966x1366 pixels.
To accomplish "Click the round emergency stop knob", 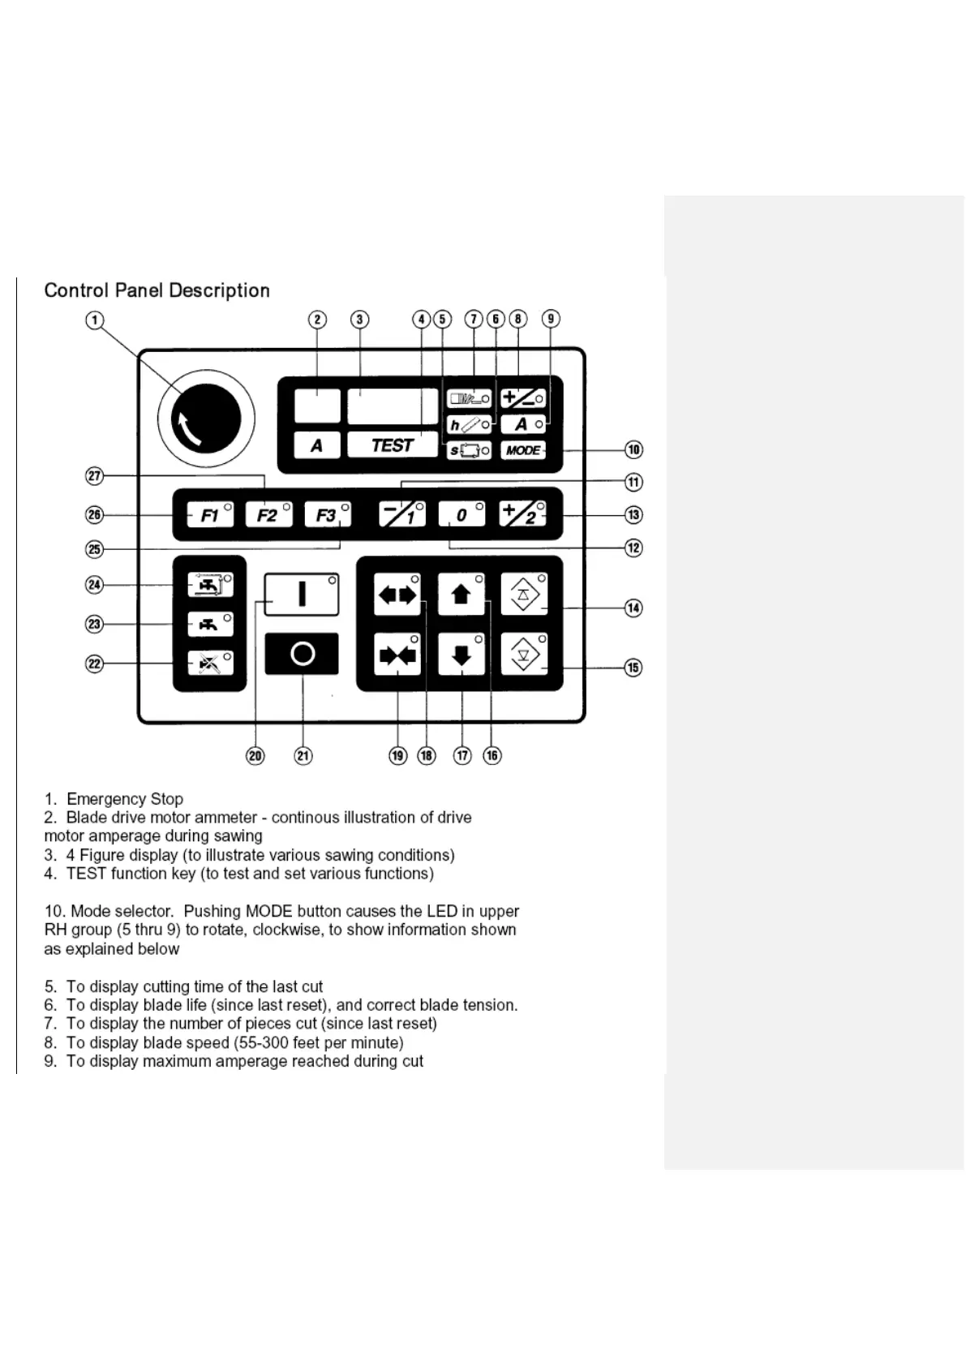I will [x=206, y=419].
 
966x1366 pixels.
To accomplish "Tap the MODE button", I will [x=523, y=450].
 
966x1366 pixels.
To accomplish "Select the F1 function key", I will [x=210, y=515].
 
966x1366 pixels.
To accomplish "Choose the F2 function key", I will [x=268, y=515].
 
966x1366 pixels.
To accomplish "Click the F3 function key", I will [x=327, y=515].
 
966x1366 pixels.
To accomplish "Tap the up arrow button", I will [x=461, y=595].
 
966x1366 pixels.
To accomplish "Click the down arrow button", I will [x=461, y=655].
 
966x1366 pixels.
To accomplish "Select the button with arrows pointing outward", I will [x=397, y=595].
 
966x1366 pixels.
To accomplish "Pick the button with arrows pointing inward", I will [x=397, y=655].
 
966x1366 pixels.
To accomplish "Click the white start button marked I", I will [x=301, y=595].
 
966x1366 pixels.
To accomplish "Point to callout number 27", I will [x=95, y=476].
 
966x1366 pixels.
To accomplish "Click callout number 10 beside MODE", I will [x=633, y=450].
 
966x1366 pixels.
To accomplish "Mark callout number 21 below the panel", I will [x=303, y=756].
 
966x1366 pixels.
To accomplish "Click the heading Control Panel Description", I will [x=157, y=290].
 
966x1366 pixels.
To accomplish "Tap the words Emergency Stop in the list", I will [x=125, y=799].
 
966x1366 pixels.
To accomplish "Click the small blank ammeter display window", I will [x=317, y=406].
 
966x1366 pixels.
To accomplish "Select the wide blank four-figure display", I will [x=393, y=406].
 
